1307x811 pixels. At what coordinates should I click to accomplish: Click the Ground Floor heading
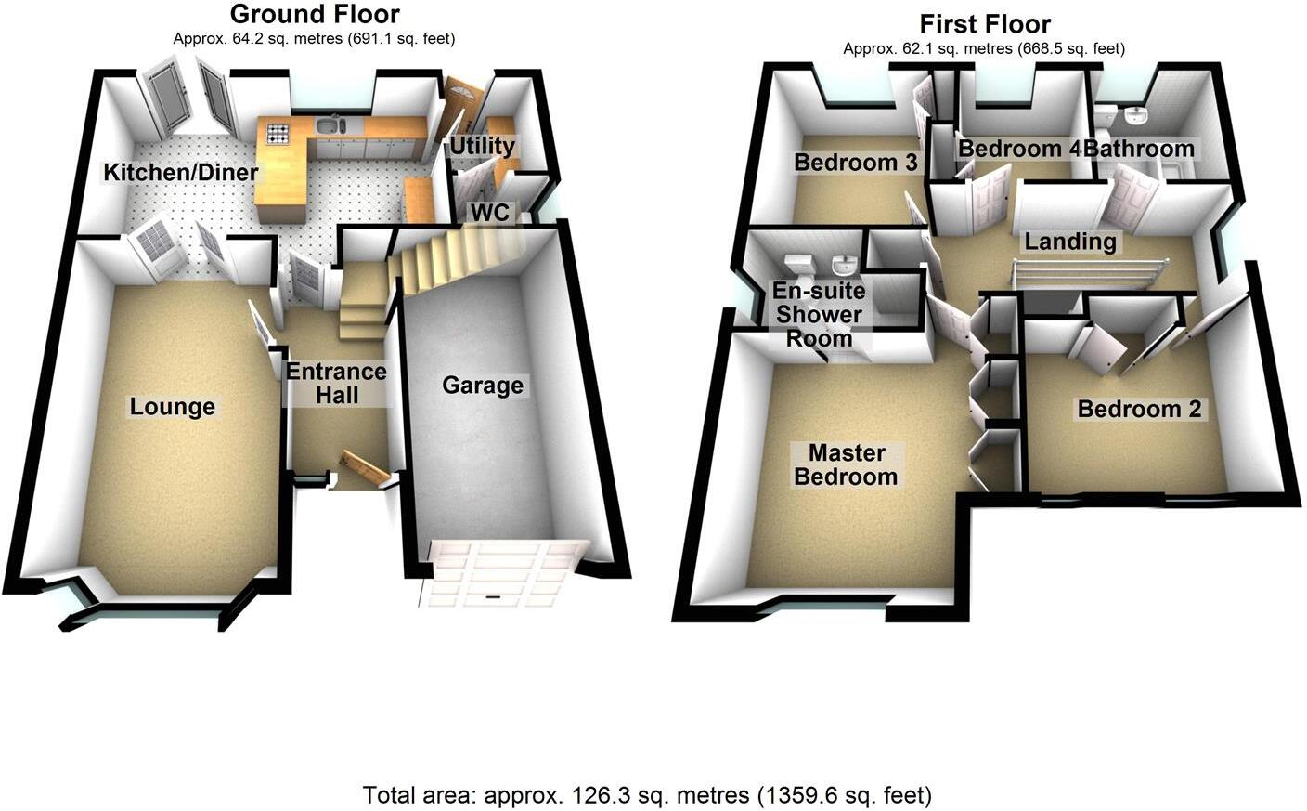click(x=315, y=15)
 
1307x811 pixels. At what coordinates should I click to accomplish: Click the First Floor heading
click(x=984, y=24)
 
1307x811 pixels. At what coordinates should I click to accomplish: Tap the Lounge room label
click(x=173, y=407)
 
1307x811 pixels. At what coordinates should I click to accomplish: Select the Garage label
click(x=483, y=386)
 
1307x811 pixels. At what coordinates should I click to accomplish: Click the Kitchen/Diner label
click(x=181, y=173)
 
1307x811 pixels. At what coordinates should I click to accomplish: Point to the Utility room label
click(x=482, y=146)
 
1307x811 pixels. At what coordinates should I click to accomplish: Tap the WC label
click(x=489, y=213)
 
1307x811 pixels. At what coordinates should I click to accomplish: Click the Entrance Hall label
click(x=336, y=383)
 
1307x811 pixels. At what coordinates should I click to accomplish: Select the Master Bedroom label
click(x=846, y=464)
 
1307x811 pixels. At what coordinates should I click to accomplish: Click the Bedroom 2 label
click(x=1139, y=409)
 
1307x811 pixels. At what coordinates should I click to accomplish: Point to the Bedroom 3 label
click(x=855, y=163)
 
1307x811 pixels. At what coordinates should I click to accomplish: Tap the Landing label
click(x=1070, y=242)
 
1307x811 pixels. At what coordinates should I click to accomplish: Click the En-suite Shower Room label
click(x=819, y=314)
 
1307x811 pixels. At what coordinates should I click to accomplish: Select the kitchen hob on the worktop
click(x=278, y=133)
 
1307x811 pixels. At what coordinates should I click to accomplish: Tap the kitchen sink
click(x=330, y=125)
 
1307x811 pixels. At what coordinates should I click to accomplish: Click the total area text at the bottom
click(x=647, y=795)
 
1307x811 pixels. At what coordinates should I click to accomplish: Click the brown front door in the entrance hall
click(x=365, y=466)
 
